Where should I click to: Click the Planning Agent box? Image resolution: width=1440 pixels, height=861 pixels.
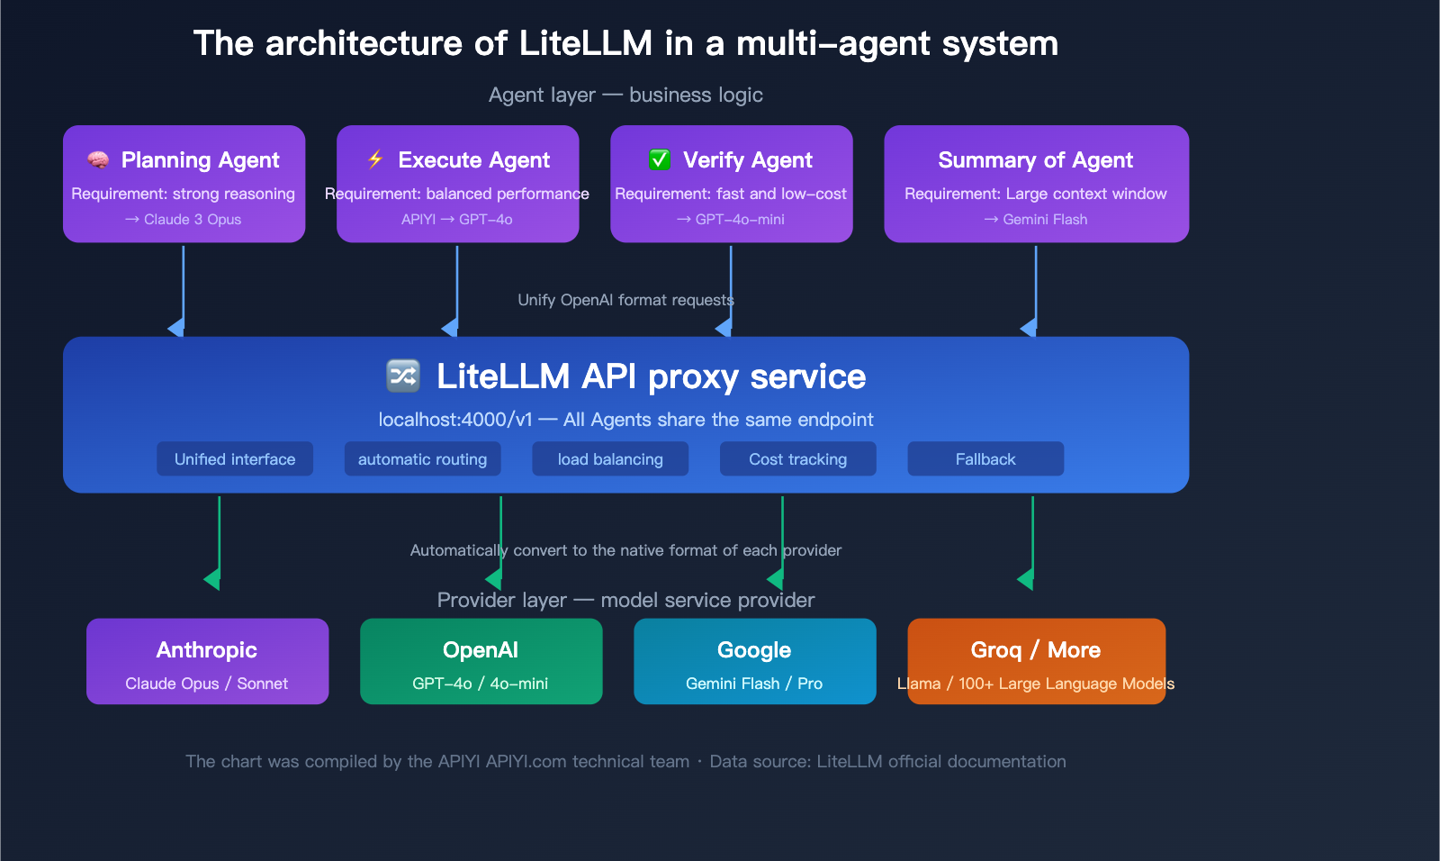(184, 184)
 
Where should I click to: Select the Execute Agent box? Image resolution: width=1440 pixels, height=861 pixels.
(457, 184)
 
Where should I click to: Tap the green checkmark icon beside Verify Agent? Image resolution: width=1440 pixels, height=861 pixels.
(660, 160)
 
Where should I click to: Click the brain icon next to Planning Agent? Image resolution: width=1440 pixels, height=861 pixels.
(98, 160)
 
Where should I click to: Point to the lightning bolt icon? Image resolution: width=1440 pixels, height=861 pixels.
(375, 159)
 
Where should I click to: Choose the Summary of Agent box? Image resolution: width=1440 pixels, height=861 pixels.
(1036, 184)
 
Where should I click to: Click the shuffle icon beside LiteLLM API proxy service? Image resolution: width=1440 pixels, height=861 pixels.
(403, 376)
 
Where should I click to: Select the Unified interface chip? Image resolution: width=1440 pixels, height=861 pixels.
(235, 459)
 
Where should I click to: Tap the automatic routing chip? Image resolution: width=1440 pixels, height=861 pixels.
(422, 459)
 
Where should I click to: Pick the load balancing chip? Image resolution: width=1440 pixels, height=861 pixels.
(610, 459)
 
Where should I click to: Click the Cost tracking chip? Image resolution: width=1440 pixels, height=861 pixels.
(797, 459)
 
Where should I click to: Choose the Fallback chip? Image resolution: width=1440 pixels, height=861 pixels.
(985, 459)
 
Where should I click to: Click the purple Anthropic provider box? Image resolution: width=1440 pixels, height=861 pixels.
(207, 661)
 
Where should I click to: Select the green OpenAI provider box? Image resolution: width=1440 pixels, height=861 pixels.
(481, 661)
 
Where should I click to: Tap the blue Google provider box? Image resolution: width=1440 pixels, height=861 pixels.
(754, 661)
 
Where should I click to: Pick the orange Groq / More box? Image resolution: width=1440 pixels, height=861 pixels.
(1036, 661)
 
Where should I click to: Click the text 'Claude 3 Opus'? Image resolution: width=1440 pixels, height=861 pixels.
(192, 220)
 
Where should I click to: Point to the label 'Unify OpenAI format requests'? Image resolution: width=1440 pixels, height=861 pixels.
(625, 300)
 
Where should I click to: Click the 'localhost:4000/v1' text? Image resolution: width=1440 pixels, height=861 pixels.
(455, 420)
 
